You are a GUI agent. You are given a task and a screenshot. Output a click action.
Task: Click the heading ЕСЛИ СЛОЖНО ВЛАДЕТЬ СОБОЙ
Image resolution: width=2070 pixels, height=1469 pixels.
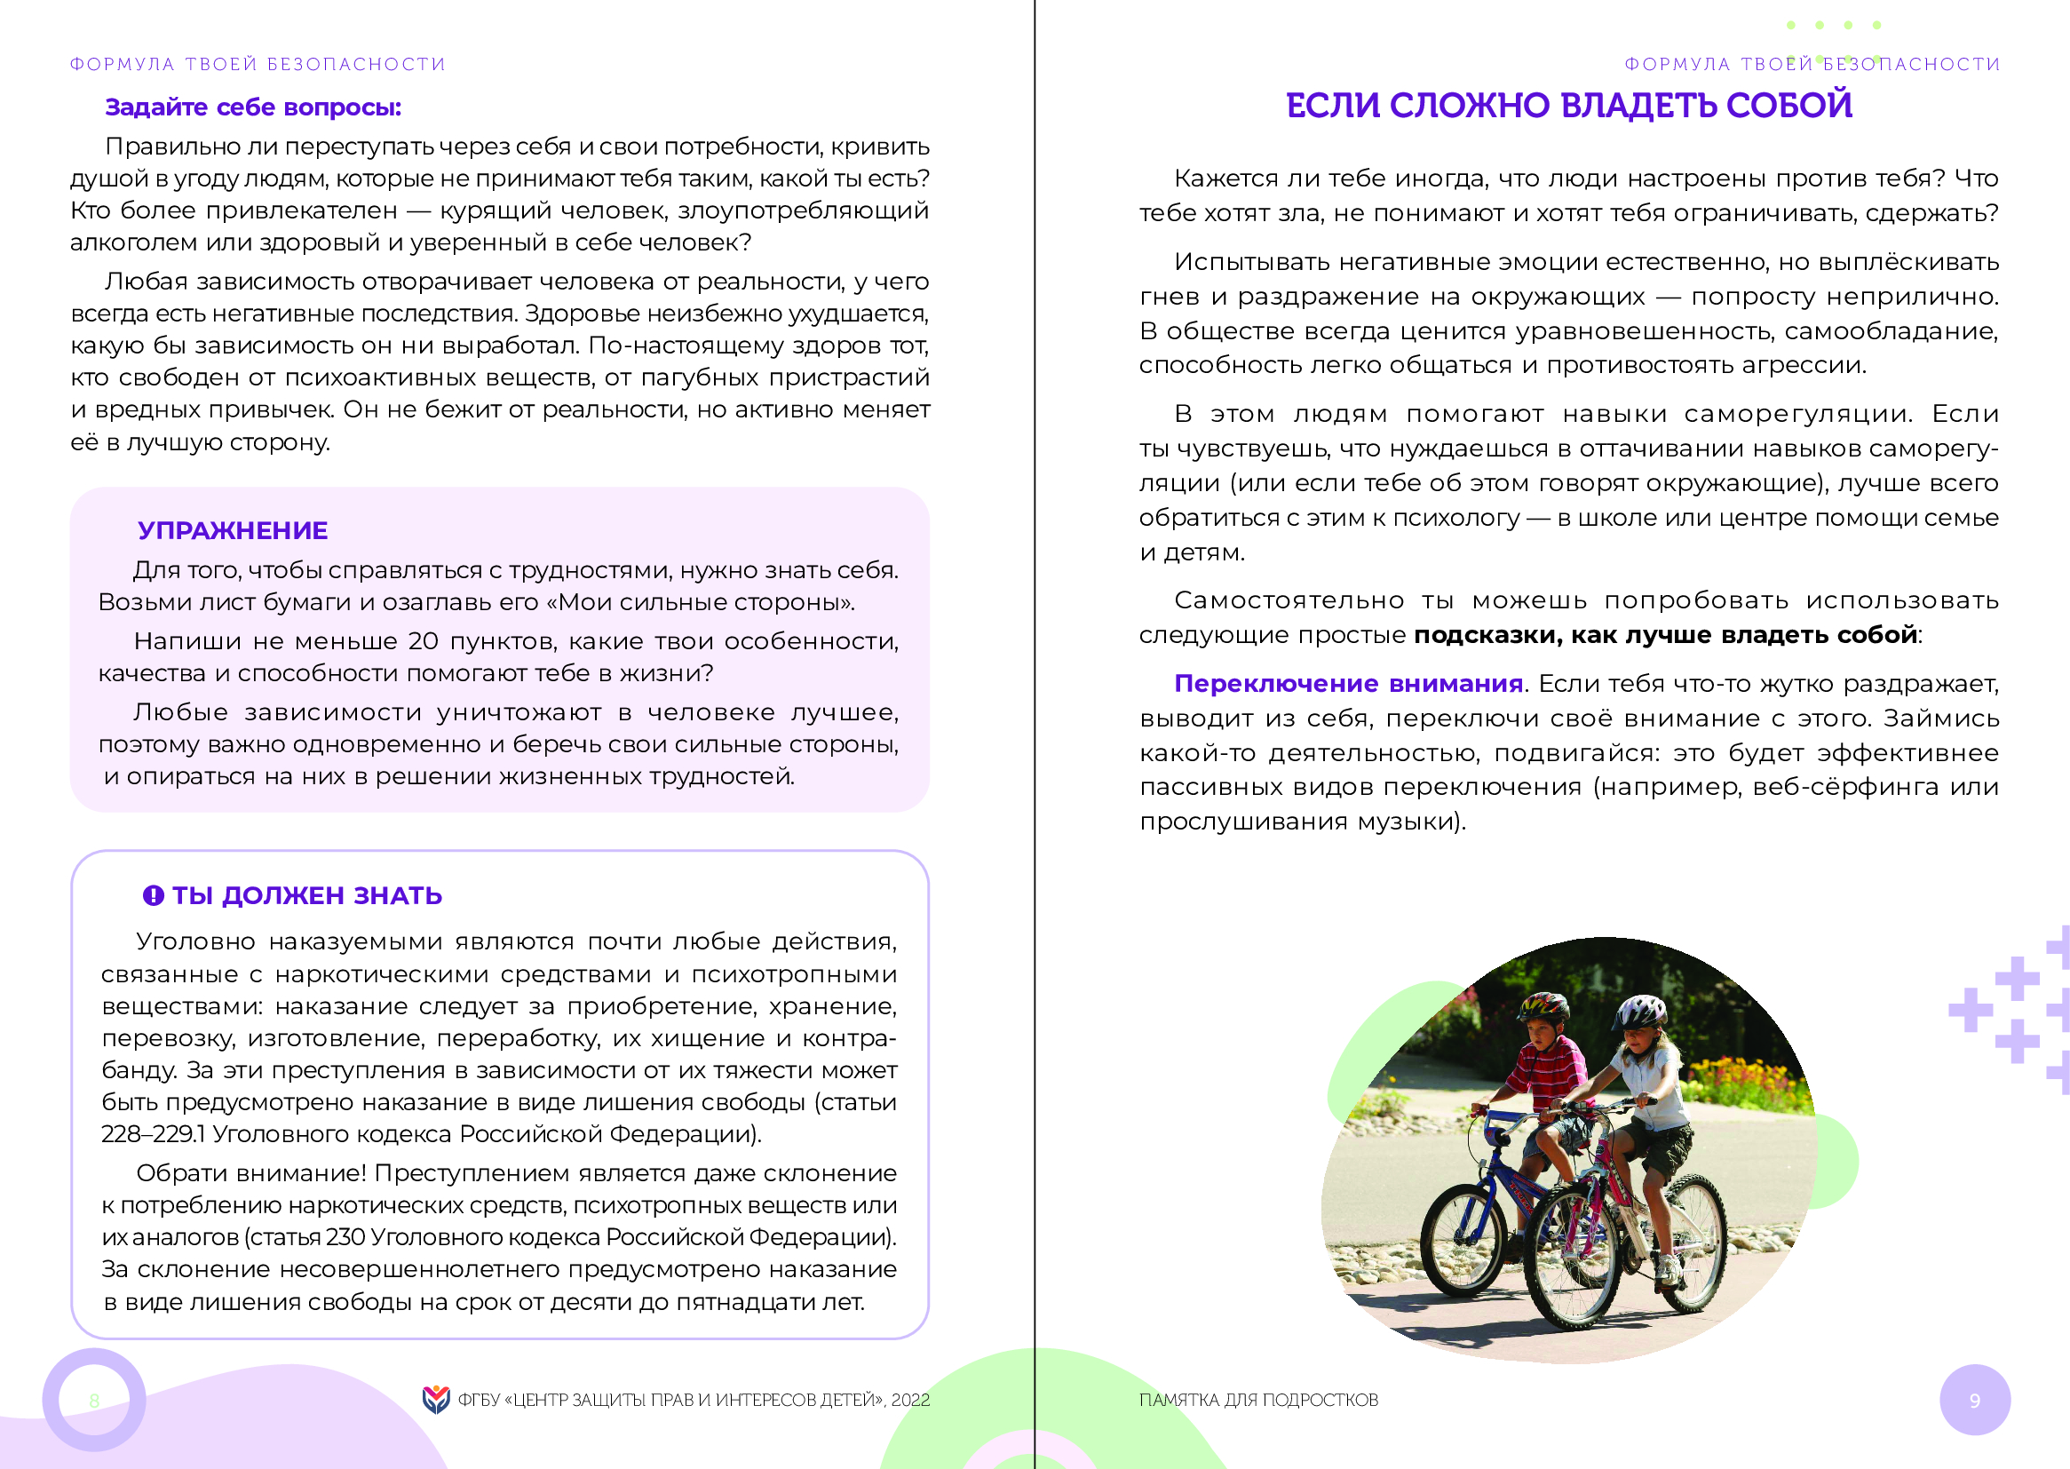(x=1568, y=106)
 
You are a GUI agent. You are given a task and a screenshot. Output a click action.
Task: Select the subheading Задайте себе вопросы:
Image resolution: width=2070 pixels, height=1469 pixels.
(x=253, y=107)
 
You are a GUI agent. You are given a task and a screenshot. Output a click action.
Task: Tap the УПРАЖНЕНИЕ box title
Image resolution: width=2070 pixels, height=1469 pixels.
(x=233, y=531)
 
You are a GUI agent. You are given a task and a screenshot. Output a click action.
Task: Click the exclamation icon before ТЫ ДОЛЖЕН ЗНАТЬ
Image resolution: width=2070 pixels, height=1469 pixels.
(x=153, y=895)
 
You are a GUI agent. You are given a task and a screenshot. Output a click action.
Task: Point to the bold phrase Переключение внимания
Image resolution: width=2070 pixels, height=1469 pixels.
(x=1347, y=684)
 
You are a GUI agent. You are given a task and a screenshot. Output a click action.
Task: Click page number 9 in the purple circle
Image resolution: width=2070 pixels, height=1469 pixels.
(x=1974, y=1401)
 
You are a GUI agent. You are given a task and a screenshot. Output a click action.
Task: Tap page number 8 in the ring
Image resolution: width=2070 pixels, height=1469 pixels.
(x=94, y=1401)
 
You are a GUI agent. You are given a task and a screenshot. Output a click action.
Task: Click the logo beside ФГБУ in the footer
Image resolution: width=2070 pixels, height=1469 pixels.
(x=436, y=1400)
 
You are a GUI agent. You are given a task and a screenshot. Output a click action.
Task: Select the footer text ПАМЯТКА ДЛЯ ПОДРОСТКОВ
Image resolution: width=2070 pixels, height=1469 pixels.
(x=1258, y=1401)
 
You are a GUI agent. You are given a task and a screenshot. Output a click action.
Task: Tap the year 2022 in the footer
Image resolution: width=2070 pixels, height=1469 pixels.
(x=909, y=1401)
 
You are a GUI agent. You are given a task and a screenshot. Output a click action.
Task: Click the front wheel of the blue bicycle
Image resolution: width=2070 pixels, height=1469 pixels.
(x=1464, y=1238)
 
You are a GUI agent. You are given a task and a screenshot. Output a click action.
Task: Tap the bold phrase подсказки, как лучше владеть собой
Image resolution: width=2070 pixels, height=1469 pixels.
(x=1665, y=635)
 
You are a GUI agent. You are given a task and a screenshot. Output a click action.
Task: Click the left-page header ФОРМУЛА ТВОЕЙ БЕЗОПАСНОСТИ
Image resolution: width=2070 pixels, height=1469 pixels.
(x=258, y=64)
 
